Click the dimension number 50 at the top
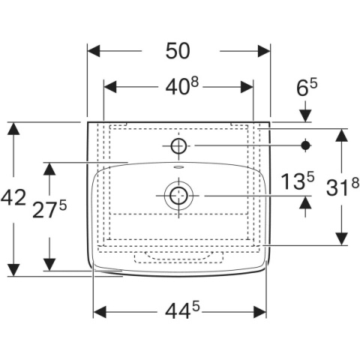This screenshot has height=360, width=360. (178, 51)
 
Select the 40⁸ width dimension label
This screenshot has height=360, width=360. (182, 85)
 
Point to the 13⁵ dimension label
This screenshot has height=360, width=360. (298, 181)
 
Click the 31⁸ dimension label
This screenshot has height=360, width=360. (343, 186)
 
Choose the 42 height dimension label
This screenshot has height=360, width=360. (13, 197)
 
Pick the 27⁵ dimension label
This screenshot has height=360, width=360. (49, 209)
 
